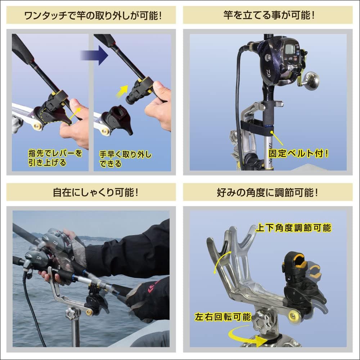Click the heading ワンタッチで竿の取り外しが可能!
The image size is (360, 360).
pyautogui.click(x=91, y=15)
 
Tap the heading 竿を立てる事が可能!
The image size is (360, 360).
pyautogui.click(x=268, y=15)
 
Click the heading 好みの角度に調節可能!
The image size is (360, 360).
pyautogui.click(x=268, y=192)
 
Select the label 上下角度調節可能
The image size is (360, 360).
pyautogui.click(x=293, y=228)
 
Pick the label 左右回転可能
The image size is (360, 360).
pyautogui.click(x=222, y=317)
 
